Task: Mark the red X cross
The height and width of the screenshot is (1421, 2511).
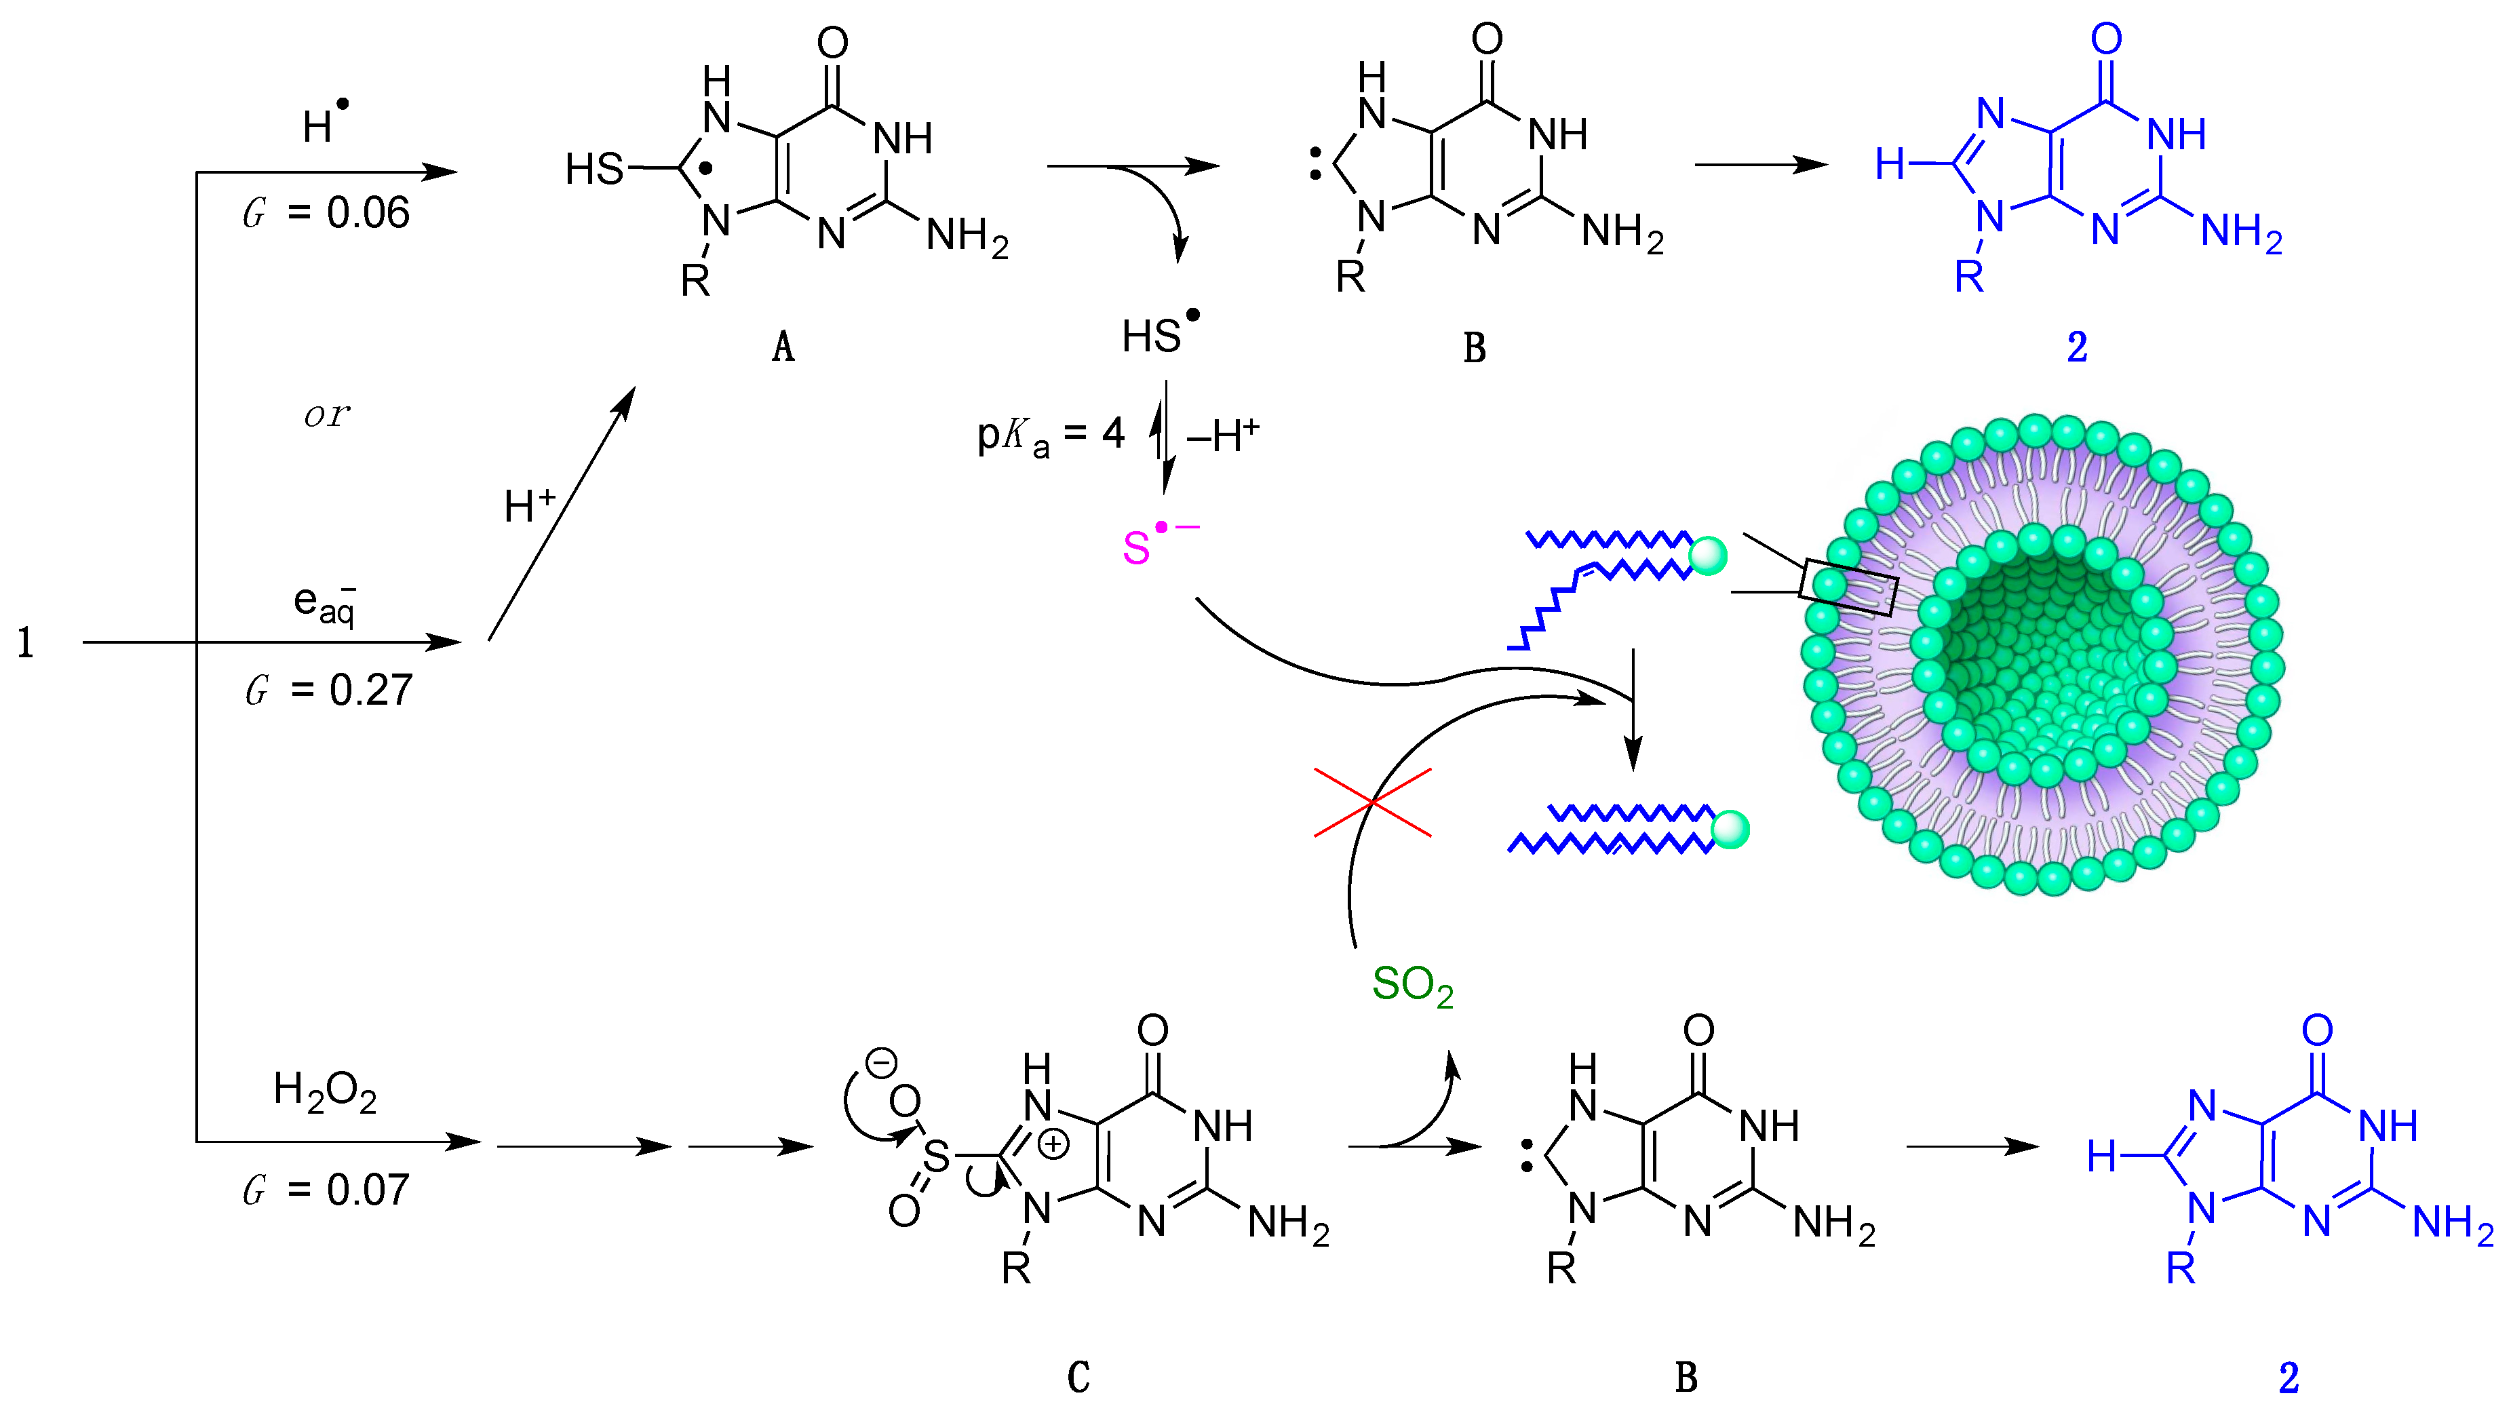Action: coord(1372,802)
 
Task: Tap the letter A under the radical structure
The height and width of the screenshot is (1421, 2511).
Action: coord(783,347)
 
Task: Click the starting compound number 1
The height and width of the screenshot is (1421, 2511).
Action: coord(25,643)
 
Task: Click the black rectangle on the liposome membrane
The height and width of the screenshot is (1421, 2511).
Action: coord(1848,587)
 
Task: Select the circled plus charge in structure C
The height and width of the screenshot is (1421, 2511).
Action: coord(1053,1144)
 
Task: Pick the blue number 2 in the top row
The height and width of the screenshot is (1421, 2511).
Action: coord(2077,347)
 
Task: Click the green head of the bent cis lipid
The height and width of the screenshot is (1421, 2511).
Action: coord(1708,556)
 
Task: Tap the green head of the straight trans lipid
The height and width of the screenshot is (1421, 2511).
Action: coord(1730,830)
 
